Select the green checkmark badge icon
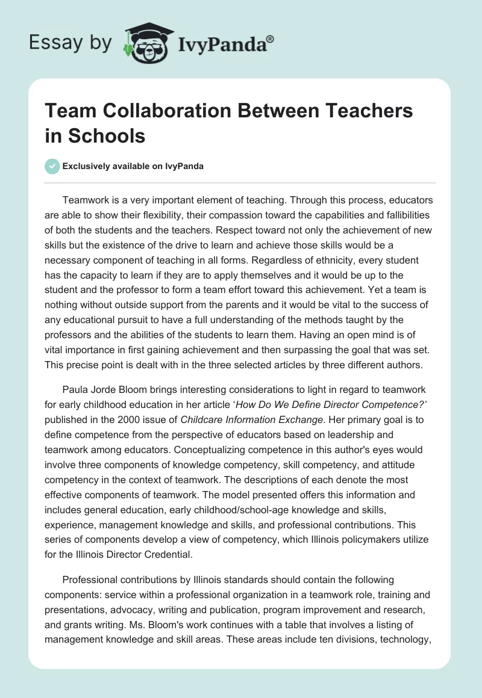tap(52, 166)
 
